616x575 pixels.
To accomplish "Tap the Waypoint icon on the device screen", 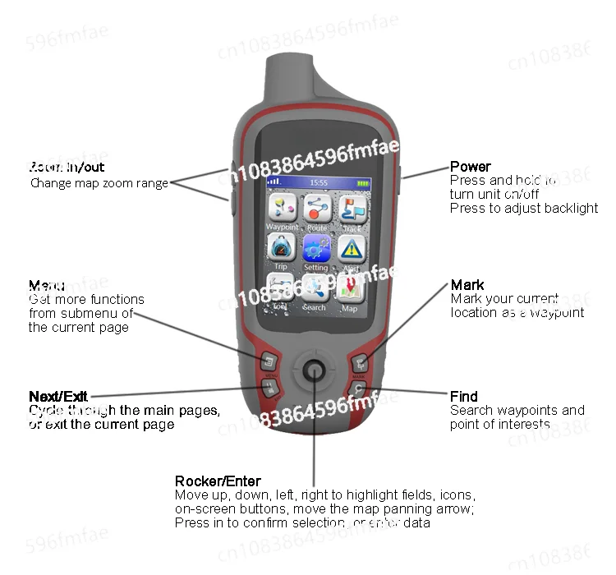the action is [281, 209].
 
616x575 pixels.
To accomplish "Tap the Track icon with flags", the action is [352, 209].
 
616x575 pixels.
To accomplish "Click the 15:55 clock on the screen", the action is [319, 182].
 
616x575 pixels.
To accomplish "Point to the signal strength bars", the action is [274, 182].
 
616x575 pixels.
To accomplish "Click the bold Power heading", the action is [471, 167].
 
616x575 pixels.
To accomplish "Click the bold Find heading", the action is [464, 397].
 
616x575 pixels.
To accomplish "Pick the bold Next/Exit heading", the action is [58, 397].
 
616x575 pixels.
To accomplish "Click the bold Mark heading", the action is [467, 286].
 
